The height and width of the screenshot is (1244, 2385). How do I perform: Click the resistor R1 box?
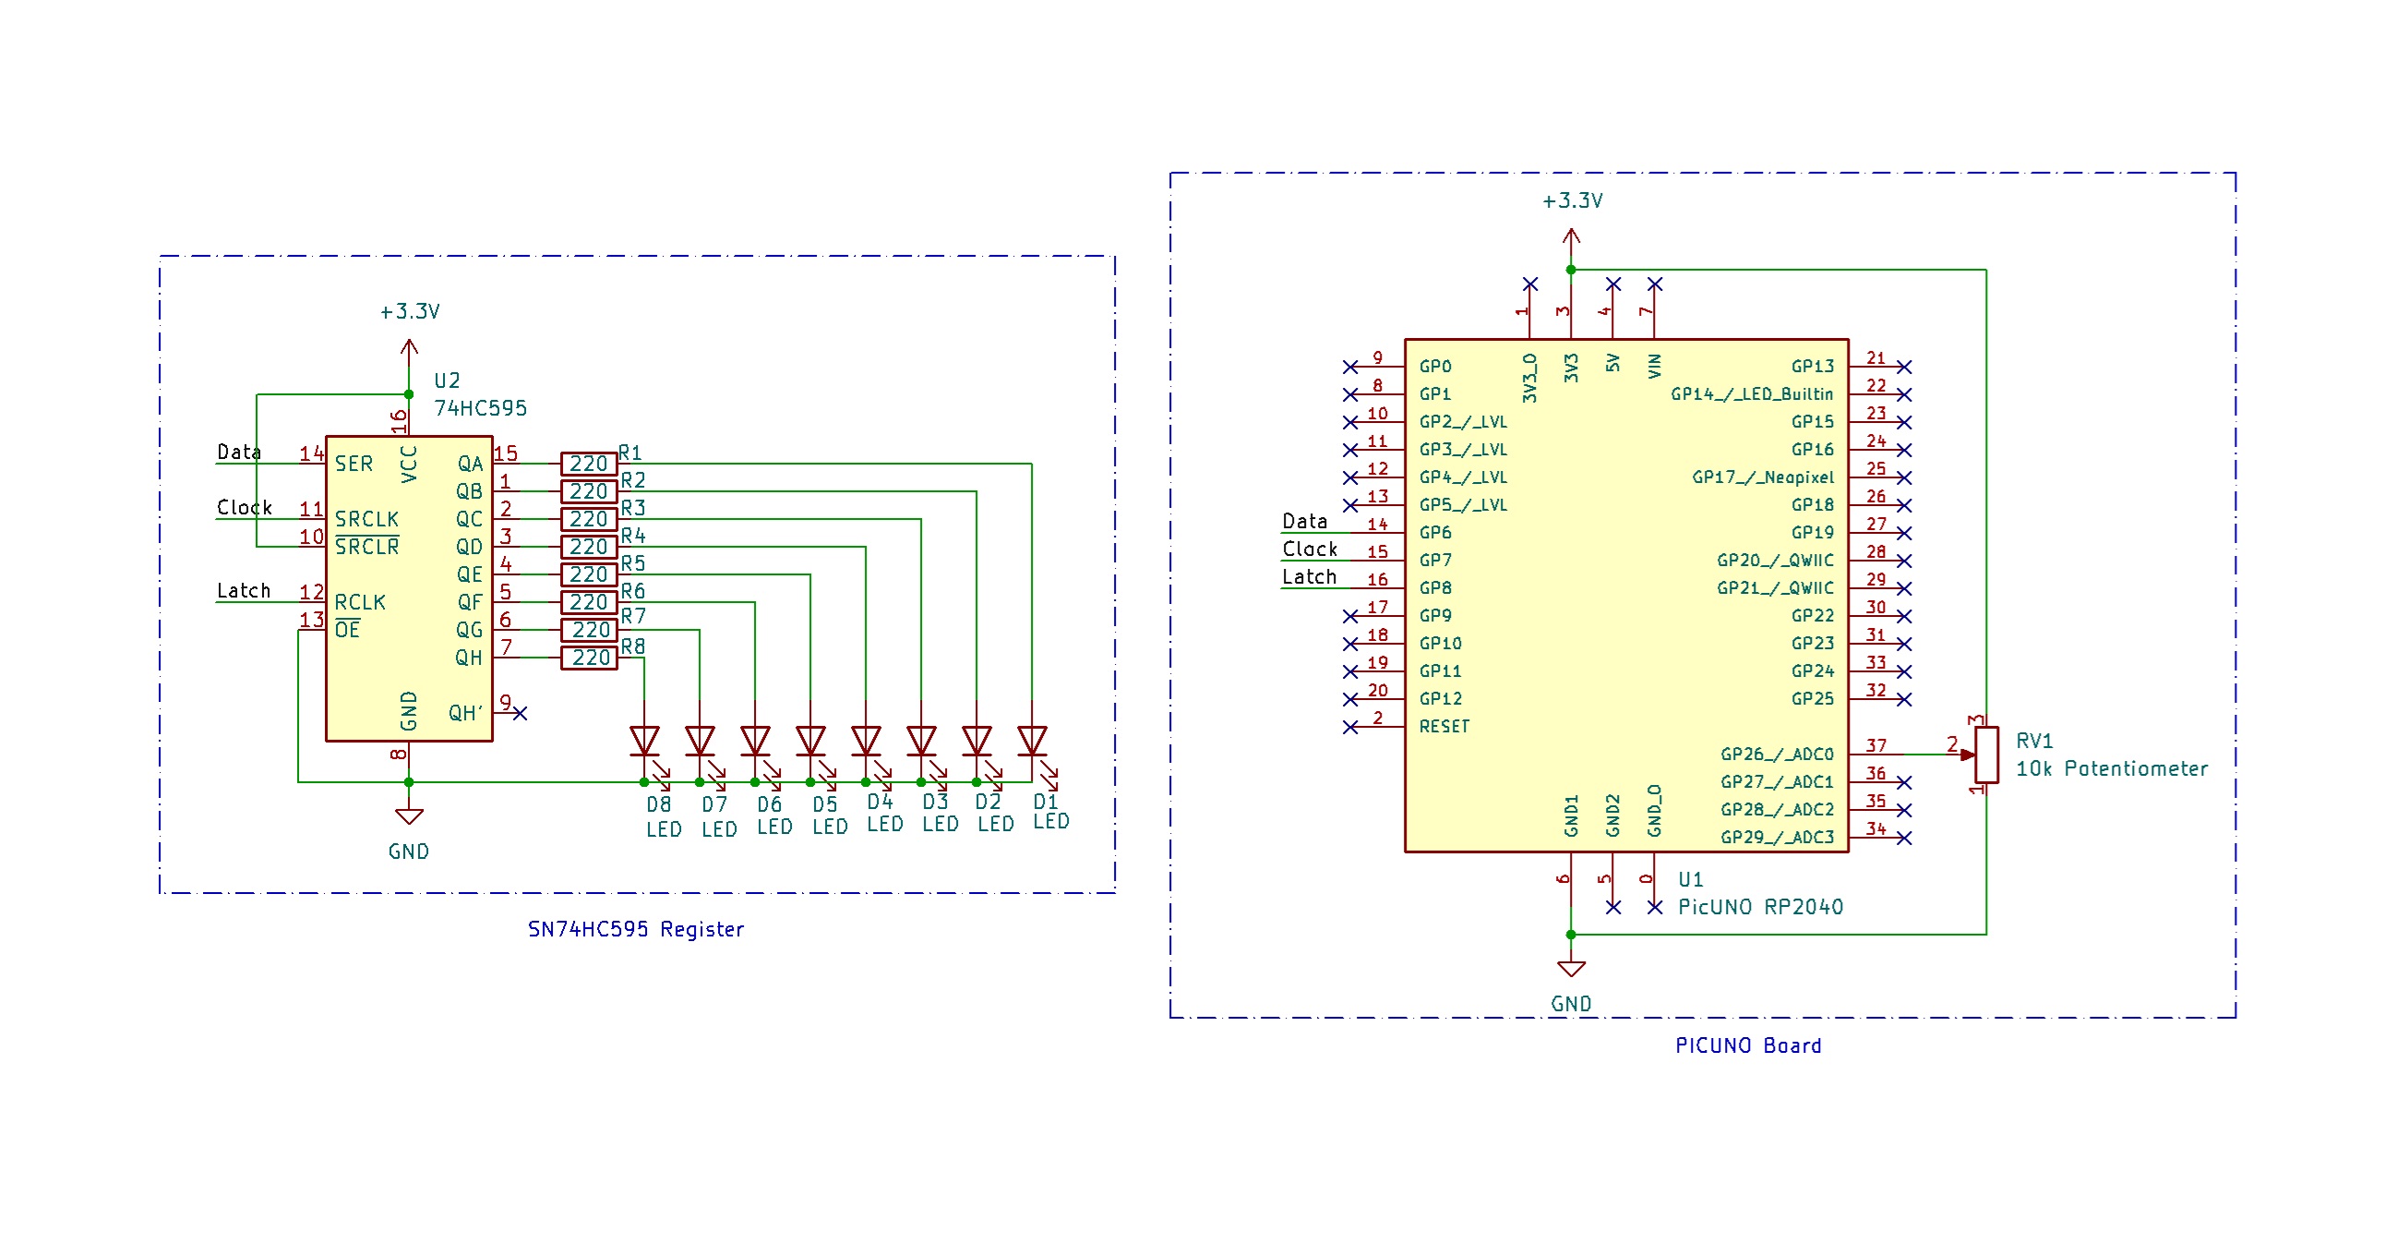tap(589, 464)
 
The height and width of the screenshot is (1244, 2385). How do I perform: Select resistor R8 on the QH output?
tap(589, 658)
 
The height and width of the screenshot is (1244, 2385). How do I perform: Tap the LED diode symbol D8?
tap(644, 741)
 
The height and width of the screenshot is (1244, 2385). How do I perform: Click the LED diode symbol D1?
tap(1031, 741)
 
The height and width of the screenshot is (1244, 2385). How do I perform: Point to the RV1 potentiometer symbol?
tap(1985, 755)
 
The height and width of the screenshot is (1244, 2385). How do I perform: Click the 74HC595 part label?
tap(480, 408)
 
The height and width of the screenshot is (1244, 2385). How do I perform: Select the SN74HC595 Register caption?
tap(635, 929)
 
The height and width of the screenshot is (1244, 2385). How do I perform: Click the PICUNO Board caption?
tap(1747, 1045)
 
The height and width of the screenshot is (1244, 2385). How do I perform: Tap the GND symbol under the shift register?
tap(408, 817)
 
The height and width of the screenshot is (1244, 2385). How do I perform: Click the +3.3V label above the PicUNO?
tap(1571, 201)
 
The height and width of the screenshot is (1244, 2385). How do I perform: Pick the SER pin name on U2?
tap(354, 464)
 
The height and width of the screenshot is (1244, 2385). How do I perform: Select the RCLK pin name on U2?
tap(359, 603)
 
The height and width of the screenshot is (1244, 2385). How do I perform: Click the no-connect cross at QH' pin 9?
tap(521, 713)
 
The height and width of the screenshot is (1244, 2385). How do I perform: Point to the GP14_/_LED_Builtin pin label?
tap(1751, 394)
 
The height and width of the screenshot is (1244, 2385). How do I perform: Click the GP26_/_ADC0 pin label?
tap(1776, 755)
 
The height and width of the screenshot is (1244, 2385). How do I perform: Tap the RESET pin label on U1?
tap(1444, 727)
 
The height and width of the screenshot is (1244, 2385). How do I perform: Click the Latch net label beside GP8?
tap(1308, 577)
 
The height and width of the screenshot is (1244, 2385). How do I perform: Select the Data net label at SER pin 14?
tap(239, 452)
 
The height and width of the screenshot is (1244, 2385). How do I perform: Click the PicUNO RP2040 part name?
tap(1759, 907)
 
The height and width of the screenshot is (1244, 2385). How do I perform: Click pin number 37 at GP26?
tap(1875, 745)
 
